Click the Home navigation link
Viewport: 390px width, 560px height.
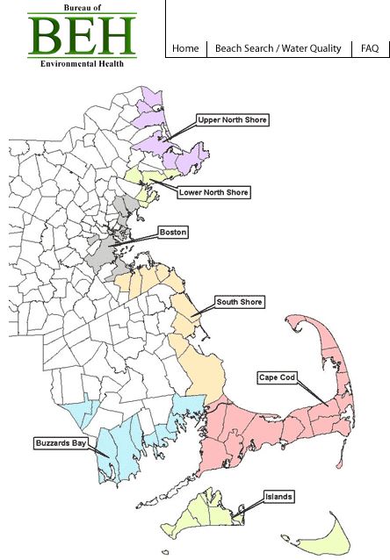click(185, 48)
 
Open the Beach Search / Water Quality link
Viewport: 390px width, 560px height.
click(278, 48)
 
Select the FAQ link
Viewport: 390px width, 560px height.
click(370, 48)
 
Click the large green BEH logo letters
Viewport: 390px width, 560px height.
click(82, 34)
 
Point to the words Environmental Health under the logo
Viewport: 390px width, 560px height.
click(82, 63)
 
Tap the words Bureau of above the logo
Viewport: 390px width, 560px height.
click(82, 7)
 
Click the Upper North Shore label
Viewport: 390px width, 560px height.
click(232, 119)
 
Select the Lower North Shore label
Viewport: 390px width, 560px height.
click(213, 192)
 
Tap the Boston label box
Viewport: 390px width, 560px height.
click(172, 233)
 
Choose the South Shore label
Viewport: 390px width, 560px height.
click(239, 302)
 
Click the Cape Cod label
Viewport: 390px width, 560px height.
click(278, 377)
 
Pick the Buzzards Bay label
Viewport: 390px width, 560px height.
click(61, 442)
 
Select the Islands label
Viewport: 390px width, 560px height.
click(279, 497)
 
